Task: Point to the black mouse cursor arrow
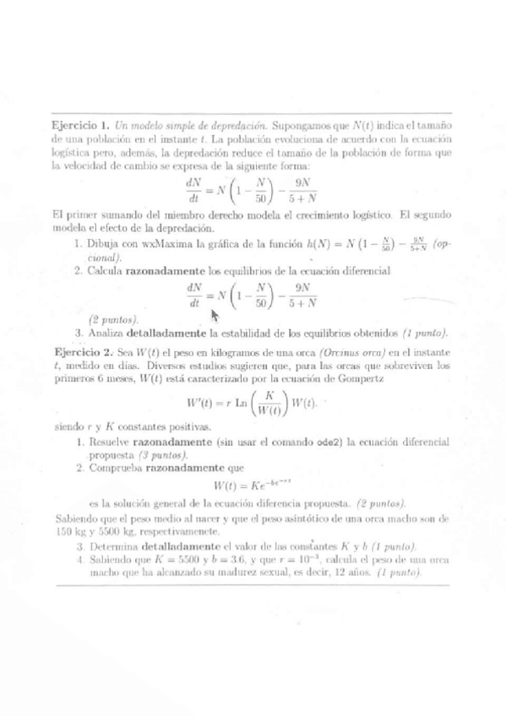point(215,315)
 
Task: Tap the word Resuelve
point(110,441)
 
